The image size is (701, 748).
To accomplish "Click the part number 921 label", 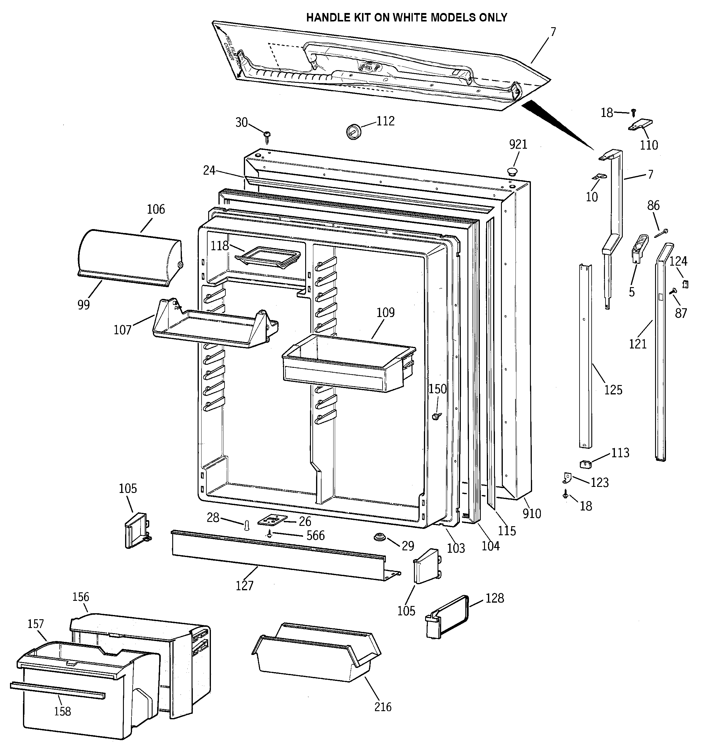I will pyautogui.click(x=518, y=144).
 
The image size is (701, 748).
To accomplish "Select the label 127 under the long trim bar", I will pyautogui.click(x=244, y=585).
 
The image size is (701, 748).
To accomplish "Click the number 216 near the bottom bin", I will pyautogui.click(x=383, y=707).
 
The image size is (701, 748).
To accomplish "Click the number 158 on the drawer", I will pyautogui.click(x=63, y=711).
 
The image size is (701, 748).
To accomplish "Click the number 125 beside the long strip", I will pyautogui.click(x=613, y=390).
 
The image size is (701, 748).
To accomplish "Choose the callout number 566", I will pyautogui.click(x=315, y=536).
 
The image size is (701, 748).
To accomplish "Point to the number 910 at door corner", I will pyautogui.click(x=531, y=513).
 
